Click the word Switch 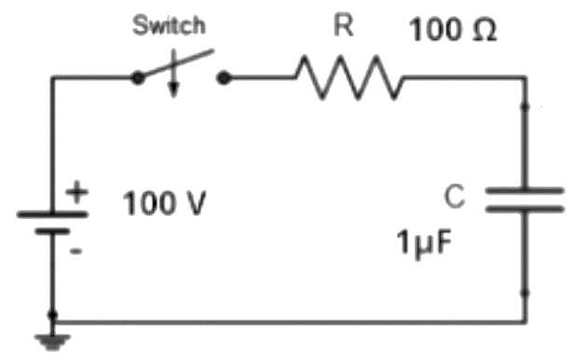pos(169,25)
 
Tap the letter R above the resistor pos(344,26)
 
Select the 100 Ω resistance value pos(453,30)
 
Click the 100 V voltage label pos(164,202)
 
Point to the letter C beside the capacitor pos(455,196)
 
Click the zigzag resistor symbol pos(349,77)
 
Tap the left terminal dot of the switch pos(138,77)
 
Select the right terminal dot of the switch pos(224,78)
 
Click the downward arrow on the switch pos(173,74)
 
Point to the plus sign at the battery pos(77,192)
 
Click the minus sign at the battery pos(76,251)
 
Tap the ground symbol pos(52,341)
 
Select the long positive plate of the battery pos(52,215)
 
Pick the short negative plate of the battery pos(52,231)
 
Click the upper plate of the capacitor pos(525,190)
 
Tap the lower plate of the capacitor pos(525,209)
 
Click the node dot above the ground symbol pos(52,315)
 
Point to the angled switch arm pos(176,63)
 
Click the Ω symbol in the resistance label pos(484,30)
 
